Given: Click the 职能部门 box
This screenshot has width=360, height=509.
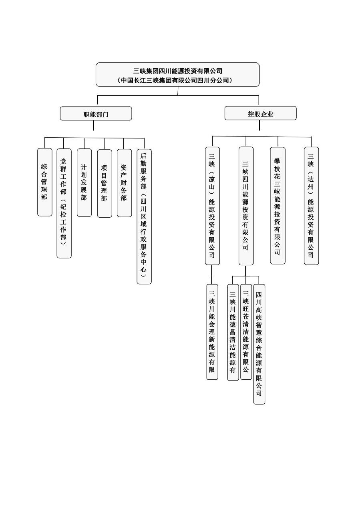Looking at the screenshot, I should (96, 114).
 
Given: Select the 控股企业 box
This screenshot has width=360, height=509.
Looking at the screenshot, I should (260, 113).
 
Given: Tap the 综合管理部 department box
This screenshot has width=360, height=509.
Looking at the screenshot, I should (44, 182).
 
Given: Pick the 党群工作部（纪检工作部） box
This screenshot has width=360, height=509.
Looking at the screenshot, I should (64, 203).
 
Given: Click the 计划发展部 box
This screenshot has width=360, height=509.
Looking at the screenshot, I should (84, 182).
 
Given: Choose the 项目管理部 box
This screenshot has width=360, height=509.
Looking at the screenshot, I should (104, 183).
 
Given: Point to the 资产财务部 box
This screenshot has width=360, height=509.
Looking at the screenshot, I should (124, 182).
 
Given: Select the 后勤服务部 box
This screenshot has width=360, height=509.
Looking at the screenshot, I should (144, 216).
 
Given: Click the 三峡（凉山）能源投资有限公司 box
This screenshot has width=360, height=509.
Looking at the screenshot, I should (212, 206).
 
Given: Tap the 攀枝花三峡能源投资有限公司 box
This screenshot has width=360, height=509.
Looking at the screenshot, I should (278, 206).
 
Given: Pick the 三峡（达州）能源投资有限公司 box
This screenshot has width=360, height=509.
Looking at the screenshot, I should (311, 206).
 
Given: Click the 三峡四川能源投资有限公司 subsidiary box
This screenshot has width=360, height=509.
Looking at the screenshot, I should (246, 206).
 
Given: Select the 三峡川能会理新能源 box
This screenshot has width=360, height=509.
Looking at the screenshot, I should (212, 332).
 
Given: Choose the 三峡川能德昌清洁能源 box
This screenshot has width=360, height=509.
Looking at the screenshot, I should (233, 332).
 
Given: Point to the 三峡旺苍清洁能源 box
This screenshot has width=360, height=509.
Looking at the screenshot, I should (246, 332).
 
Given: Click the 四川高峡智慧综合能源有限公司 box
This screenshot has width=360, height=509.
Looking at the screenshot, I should (259, 344).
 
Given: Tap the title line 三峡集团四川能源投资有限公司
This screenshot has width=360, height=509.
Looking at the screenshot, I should (178, 71).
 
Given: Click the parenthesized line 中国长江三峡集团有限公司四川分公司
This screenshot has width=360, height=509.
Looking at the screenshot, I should (178, 80).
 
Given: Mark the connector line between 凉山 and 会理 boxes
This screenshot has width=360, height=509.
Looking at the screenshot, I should (211, 275).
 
